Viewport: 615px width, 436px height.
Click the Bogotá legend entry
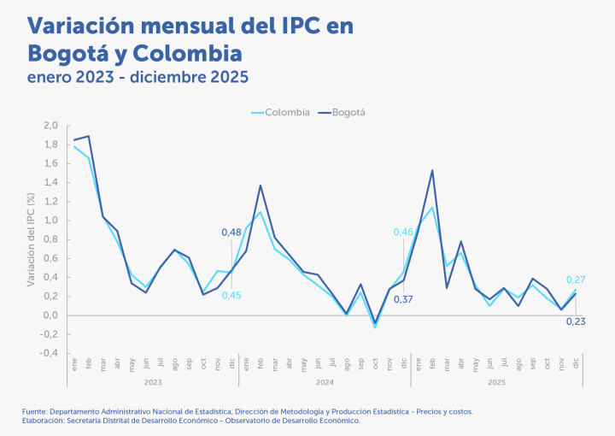point(347,112)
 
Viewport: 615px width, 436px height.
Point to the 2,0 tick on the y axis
point(50,126)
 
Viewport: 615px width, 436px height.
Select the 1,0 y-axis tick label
point(50,221)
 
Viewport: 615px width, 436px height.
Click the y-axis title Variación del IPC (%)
point(32,239)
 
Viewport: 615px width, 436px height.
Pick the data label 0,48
point(231,233)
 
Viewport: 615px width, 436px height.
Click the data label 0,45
point(231,296)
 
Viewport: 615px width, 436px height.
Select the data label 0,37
point(403,298)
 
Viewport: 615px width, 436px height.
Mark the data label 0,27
point(576,280)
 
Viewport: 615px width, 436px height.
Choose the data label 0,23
point(576,321)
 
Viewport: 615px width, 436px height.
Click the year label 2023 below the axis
point(153,382)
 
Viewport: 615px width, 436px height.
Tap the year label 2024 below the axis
point(325,382)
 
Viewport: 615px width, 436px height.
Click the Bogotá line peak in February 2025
point(432,170)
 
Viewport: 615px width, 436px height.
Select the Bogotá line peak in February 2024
point(261,186)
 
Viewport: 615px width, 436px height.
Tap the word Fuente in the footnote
point(35,411)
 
